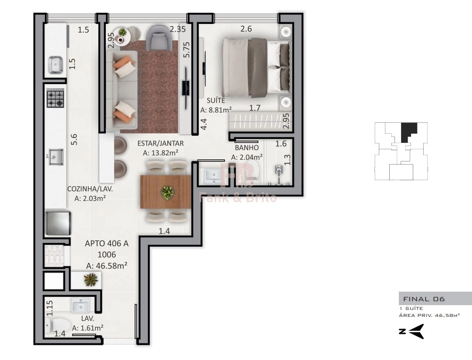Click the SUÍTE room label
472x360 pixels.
[x=216, y=100]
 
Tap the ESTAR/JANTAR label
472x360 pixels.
[x=160, y=143]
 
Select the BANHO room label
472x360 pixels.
[x=247, y=148]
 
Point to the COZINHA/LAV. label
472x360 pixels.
[x=90, y=189]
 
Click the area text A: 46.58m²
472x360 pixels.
[x=107, y=266]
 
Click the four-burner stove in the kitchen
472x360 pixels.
[x=55, y=98]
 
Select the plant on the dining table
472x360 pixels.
[x=167, y=192]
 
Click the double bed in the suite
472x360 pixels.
[x=256, y=67]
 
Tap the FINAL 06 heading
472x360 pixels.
[x=424, y=299]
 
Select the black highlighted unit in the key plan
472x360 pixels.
[x=408, y=132]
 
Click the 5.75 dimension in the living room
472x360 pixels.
[x=187, y=50]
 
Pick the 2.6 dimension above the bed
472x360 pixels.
[x=246, y=29]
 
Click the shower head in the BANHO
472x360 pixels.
[x=279, y=170]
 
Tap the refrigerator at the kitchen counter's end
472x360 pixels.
[x=58, y=223]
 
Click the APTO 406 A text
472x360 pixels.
[x=107, y=243]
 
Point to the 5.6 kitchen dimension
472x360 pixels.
[x=74, y=139]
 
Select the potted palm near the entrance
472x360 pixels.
[x=91, y=279]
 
